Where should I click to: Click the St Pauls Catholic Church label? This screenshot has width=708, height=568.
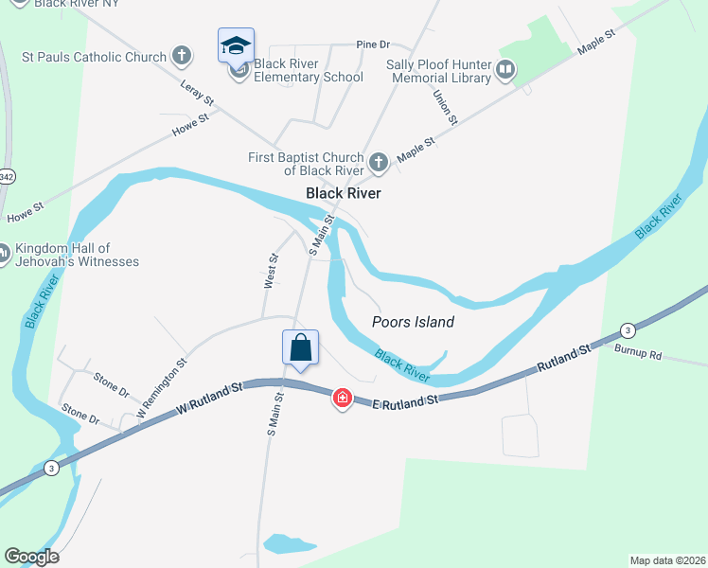click(94, 57)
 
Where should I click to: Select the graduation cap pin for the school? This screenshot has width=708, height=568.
click(236, 44)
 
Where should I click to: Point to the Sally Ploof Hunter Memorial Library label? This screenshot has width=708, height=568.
click(439, 71)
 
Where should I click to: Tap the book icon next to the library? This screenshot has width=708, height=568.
click(506, 70)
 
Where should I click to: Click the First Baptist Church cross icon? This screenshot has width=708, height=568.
click(378, 163)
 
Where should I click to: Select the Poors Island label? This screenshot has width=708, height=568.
click(413, 322)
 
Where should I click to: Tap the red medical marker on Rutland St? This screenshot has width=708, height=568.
click(342, 399)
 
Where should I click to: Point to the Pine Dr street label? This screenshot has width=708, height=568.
click(373, 44)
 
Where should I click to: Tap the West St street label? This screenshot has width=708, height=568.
click(271, 271)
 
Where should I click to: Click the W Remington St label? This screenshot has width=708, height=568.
click(162, 388)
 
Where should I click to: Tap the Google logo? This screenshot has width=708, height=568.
click(31, 557)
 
